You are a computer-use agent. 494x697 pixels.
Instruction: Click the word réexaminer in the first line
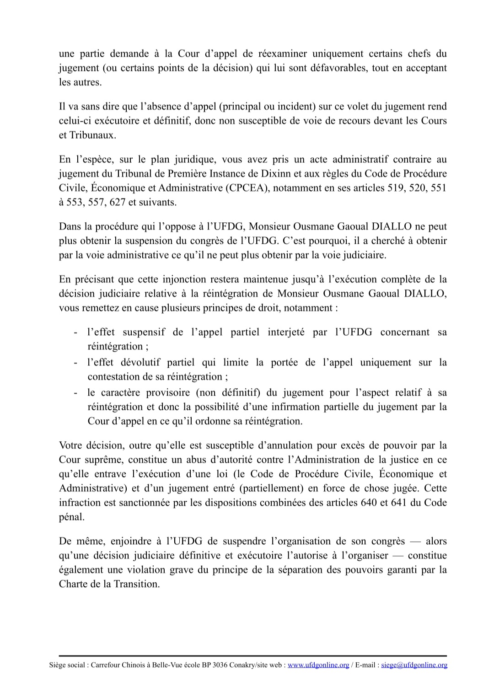pyautogui.click(x=280, y=54)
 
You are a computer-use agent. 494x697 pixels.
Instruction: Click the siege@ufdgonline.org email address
pyautogui.click(x=414, y=665)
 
